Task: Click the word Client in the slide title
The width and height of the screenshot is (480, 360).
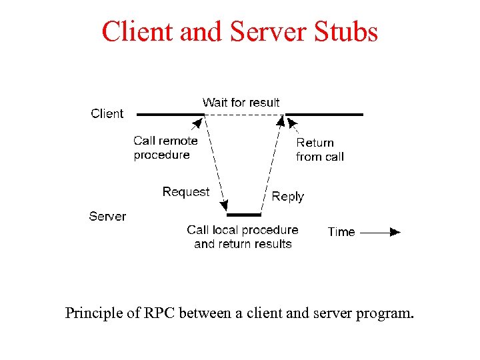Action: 135,32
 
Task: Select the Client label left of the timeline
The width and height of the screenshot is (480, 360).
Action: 107,114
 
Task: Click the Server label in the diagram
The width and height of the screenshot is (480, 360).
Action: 107,216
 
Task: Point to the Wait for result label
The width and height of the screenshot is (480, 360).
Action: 241,103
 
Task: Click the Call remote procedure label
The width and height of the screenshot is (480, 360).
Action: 165,148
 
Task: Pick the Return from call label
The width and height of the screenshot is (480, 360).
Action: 319,150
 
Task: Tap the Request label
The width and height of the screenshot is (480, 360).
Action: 185,192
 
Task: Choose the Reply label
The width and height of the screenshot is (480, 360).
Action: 287,197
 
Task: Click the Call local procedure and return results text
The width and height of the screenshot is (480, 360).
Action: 243,237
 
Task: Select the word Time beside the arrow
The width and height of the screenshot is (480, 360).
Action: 341,232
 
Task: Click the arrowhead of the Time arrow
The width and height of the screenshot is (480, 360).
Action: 395,232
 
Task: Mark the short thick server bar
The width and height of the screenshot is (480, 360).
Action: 244,215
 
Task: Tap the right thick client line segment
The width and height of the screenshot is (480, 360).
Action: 325,115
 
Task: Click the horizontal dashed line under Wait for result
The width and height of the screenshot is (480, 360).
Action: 244,115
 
